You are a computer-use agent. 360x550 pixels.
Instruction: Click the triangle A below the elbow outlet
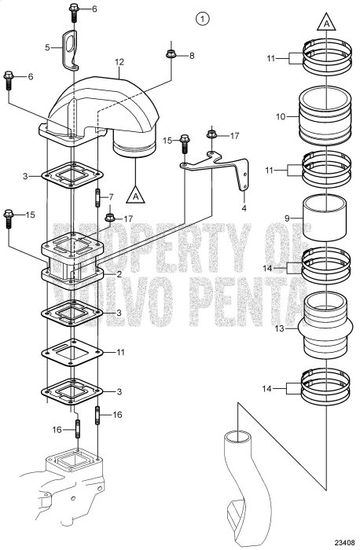137,192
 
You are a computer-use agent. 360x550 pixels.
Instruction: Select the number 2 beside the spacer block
118,274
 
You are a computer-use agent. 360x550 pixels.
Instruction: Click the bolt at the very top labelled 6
73,10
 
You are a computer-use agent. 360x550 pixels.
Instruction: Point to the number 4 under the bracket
244,209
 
